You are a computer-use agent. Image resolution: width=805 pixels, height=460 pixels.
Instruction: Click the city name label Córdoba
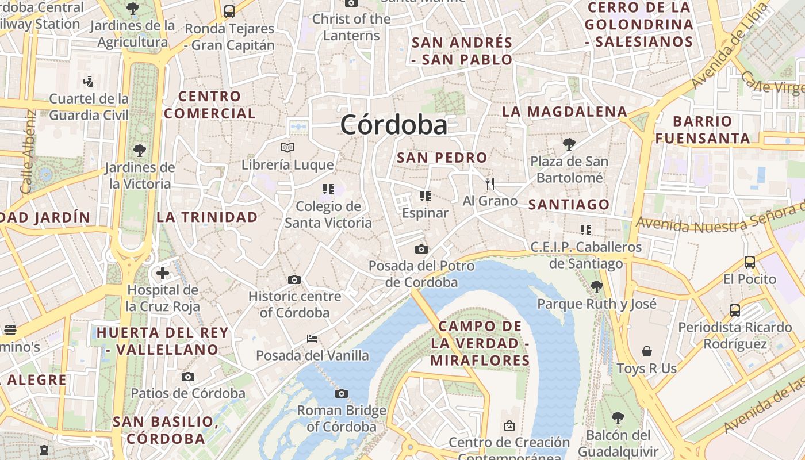tap(394, 125)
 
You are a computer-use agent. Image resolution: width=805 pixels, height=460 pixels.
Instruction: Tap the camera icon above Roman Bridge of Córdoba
tap(342, 394)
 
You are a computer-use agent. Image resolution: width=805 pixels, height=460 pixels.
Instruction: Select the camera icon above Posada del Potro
tap(421, 249)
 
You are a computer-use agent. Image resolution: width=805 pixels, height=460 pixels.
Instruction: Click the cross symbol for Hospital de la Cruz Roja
tap(163, 273)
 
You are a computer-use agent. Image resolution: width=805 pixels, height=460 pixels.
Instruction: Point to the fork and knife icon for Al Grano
tap(490, 184)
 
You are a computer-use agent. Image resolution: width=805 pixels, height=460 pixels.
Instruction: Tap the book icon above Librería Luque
tap(287, 148)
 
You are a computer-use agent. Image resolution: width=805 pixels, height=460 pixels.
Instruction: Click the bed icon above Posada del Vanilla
tap(312, 338)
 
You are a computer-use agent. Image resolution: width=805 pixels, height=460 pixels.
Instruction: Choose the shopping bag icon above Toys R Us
tap(647, 351)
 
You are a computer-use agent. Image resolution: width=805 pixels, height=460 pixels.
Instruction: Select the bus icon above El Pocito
tap(750, 262)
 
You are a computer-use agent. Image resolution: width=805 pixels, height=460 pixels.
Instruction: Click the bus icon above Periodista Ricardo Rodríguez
tap(735, 310)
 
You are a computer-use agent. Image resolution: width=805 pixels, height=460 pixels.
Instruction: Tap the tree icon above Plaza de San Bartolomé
tap(569, 144)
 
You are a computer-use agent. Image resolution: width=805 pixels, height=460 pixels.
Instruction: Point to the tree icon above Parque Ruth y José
tap(597, 286)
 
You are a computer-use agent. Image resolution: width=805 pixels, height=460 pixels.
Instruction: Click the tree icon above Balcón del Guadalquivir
tap(618, 417)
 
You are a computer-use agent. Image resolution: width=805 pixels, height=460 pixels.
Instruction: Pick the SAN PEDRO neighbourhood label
tap(442, 158)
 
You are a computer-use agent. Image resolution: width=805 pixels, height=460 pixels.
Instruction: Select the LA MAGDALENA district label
tap(565, 112)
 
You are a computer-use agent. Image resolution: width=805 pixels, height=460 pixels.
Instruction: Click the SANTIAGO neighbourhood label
tap(569, 205)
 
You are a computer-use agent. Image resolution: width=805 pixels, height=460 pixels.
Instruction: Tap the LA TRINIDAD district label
tap(208, 217)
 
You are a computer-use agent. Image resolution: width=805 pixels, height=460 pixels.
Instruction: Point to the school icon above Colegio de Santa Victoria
tap(328, 189)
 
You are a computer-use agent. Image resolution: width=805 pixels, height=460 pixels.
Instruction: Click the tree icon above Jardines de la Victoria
tap(139, 151)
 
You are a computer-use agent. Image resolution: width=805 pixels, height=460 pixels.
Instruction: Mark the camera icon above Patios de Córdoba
tap(188, 377)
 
